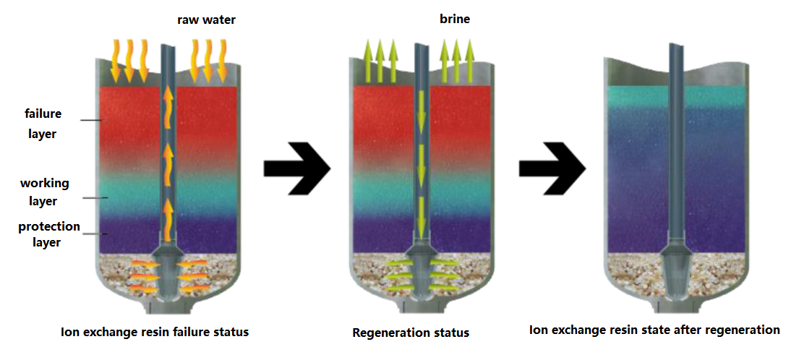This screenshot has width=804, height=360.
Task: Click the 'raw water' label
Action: (x=206, y=20)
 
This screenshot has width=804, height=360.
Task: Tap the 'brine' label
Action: (x=455, y=20)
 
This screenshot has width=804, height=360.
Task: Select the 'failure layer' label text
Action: (x=43, y=124)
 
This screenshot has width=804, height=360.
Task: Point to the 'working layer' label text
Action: (x=45, y=192)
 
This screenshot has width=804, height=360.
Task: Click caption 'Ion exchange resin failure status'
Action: (x=155, y=333)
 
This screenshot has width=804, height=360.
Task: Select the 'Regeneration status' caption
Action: (x=411, y=333)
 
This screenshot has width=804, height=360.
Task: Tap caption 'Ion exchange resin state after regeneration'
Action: (x=654, y=330)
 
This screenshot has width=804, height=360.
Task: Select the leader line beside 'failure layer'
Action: (x=90, y=120)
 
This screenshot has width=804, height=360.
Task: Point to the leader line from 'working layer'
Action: (x=95, y=197)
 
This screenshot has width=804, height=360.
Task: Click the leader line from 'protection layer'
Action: (x=95, y=233)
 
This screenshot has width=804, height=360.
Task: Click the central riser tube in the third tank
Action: (x=675, y=145)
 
